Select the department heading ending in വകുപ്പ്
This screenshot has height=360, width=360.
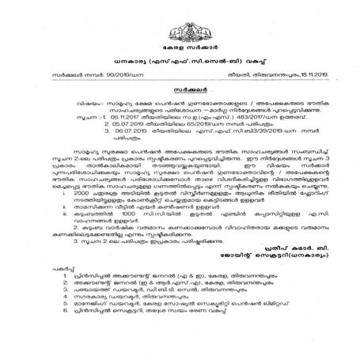click(x=180, y=59)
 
